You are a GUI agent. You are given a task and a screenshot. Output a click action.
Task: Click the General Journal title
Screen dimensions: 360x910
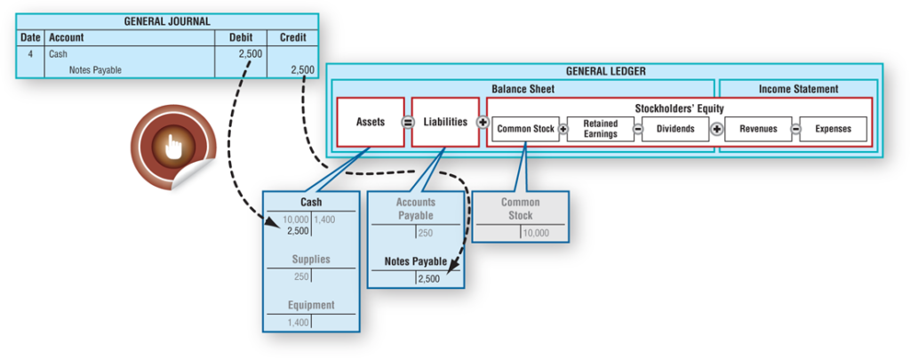[167, 21]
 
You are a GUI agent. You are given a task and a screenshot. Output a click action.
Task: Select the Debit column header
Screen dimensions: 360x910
[240, 38]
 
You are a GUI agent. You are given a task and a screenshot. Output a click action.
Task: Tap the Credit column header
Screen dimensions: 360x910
[292, 38]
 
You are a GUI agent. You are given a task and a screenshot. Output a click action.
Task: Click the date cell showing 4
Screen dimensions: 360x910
[30, 54]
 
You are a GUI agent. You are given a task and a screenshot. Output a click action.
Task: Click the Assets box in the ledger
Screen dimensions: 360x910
[370, 122]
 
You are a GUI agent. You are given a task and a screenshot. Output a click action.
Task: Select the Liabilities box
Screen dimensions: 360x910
[445, 122]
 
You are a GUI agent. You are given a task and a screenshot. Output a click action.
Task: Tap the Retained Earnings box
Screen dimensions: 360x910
[600, 129]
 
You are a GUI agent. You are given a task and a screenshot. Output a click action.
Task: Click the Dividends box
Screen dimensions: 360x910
[675, 129]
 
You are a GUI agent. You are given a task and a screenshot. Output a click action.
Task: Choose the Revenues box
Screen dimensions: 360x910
[758, 129]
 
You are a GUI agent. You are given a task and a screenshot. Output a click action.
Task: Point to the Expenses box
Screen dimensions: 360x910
[833, 129]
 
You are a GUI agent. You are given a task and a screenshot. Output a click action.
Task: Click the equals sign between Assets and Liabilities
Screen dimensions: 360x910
[408, 122]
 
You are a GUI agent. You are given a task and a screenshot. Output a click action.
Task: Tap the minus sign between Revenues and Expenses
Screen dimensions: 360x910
[795, 129]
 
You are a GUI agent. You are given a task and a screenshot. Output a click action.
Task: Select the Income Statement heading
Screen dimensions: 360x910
[797, 89]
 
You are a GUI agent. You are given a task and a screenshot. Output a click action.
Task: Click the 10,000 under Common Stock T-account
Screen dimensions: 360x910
[536, 233]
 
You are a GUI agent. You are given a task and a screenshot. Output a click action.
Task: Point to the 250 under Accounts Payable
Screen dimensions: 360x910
[425, 233]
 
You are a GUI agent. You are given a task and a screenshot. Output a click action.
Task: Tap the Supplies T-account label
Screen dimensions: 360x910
[311, 260]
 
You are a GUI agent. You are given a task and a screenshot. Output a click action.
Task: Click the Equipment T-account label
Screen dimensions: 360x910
[311, 305]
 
